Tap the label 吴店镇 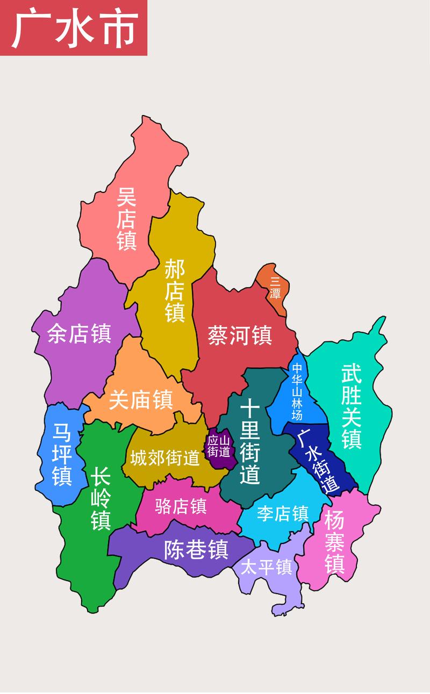127,219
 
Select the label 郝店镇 175,290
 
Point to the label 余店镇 79,333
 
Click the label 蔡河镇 240,335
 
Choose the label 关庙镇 140,399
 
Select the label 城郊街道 164,459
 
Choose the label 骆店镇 181,506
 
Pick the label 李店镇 282,513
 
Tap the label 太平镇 266,568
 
